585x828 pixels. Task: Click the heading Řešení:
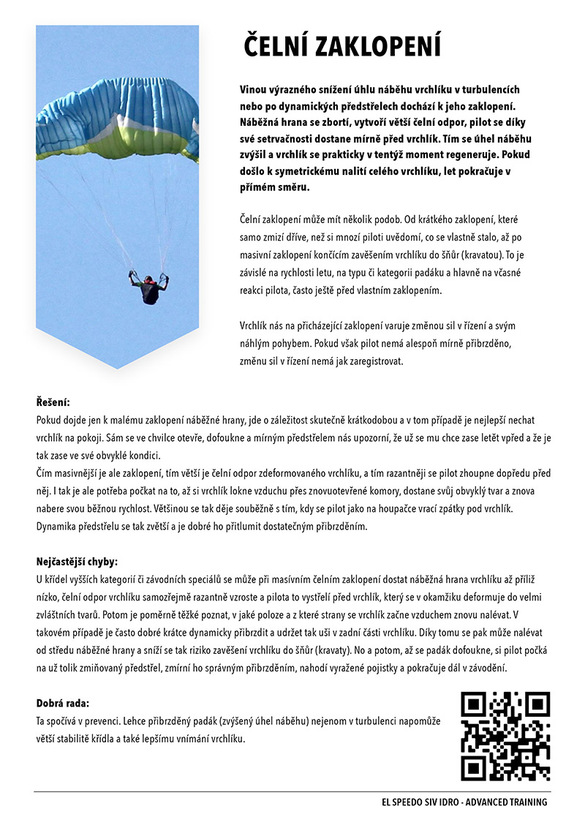click(x=53, y=402)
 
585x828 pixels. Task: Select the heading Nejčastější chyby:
click(x=77, y=562)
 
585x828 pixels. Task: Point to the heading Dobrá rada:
click(x=63, y=703)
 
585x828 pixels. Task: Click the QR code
click(x=505, y=736)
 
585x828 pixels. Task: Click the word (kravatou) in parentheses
click(x=478, y=257)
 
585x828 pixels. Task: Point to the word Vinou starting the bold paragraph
click(x=253, y=89)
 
